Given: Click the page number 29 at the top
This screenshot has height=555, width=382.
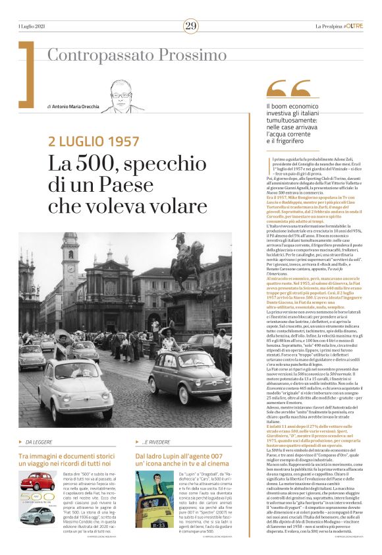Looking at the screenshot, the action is [190, 26].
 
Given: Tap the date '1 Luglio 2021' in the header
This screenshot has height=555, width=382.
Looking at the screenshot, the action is [33, 26].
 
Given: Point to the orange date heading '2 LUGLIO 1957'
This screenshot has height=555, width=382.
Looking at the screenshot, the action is [94, 141].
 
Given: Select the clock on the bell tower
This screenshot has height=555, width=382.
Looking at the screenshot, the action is [70, 254].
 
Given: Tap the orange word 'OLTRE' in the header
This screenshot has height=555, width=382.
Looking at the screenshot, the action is [354, 26].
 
